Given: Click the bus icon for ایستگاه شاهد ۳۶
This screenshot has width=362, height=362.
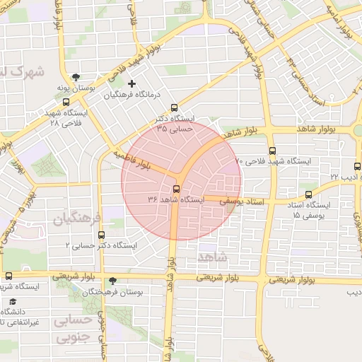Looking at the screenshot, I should click(176, 189).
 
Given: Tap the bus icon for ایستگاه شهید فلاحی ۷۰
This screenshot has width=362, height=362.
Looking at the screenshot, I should click(272, 151).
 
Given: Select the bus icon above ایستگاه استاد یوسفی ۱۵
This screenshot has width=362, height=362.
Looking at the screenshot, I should click(308, 194).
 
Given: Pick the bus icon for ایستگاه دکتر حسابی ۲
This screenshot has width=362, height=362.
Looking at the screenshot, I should click(101, 235).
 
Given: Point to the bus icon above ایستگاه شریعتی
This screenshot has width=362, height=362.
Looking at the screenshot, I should click(8, 276).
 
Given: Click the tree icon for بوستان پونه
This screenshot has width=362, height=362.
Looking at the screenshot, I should click(76, 77).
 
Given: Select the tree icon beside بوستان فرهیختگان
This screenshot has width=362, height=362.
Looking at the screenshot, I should click(112, 281).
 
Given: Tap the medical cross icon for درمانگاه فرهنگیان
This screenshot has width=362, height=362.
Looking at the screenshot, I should click(132, 84).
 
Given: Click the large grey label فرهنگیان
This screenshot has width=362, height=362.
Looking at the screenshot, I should click(78, 216).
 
